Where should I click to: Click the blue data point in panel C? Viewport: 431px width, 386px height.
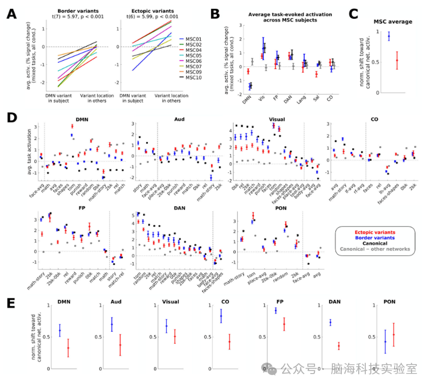click(389, 36)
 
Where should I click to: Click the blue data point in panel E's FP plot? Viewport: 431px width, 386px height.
click(276, 311)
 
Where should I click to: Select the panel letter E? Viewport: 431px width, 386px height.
click(11, 302)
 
